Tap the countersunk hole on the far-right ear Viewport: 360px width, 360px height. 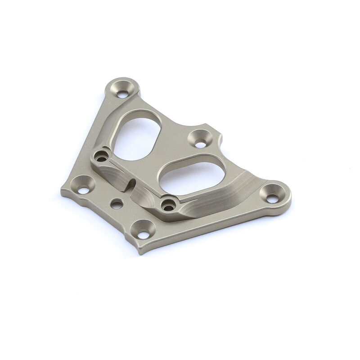[x=273, y=198]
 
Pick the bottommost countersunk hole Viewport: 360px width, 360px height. [x=143, y=234]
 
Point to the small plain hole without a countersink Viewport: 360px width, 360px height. [x=117, y=204]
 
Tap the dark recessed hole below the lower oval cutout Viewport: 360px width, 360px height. [x=169, y=207]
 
